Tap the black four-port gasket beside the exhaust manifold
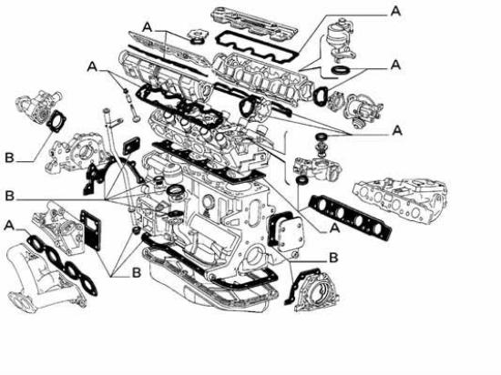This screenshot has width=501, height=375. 351,217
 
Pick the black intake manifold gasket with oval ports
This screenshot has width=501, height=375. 62,263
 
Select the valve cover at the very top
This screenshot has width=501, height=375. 254,23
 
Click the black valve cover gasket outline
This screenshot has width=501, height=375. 257,43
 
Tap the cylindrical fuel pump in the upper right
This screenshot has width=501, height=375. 341,40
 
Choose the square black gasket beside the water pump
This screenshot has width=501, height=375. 56,121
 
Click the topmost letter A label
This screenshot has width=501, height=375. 395,12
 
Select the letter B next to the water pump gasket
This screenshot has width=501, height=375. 10,157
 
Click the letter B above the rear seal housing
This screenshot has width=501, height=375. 333,258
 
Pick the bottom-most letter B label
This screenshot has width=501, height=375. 137,273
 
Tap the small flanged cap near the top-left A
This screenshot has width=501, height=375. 197,35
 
